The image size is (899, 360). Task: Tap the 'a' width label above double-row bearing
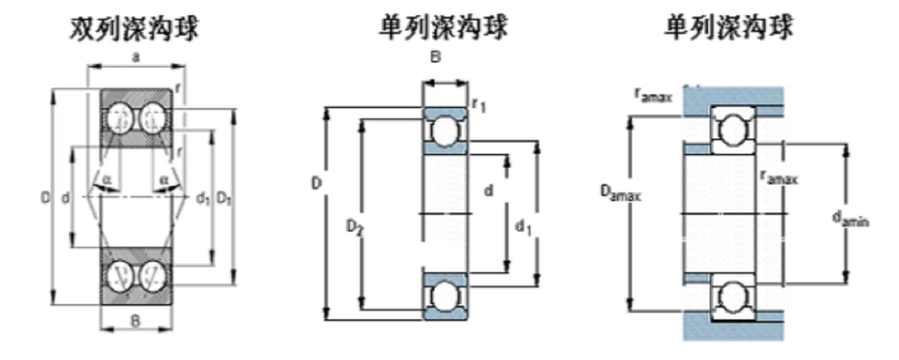point(136,57)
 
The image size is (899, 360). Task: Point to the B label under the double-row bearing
point(136,320)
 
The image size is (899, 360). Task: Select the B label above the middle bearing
point(436,57)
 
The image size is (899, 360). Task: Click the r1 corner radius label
point(479,105)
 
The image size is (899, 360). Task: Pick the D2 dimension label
point(354,227)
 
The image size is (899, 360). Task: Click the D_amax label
point(620,192)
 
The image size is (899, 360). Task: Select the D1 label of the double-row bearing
point(224,198)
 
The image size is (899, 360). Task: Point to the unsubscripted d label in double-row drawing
point(65,198)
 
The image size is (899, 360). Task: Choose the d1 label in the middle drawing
point(522,227)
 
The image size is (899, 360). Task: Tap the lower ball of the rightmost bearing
point(732,297)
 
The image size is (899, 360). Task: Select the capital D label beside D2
point(316,183)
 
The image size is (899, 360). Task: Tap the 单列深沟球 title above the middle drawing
point(443,28)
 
